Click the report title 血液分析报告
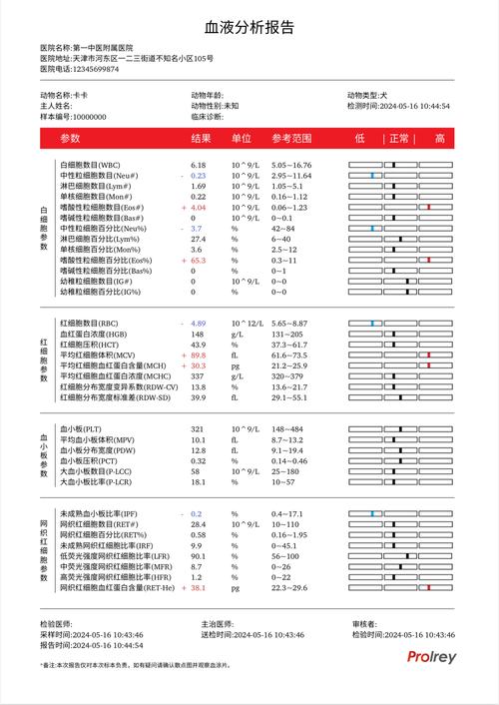click(249, 27)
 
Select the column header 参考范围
click(292, 139)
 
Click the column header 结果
click(201, 139)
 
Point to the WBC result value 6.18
click(198, 165)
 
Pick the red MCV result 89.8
click(198, 355)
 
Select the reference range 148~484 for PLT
click(287, 429)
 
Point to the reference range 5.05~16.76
click(291, 165)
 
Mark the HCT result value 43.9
click(198, 345)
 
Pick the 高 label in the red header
click(439, 139)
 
